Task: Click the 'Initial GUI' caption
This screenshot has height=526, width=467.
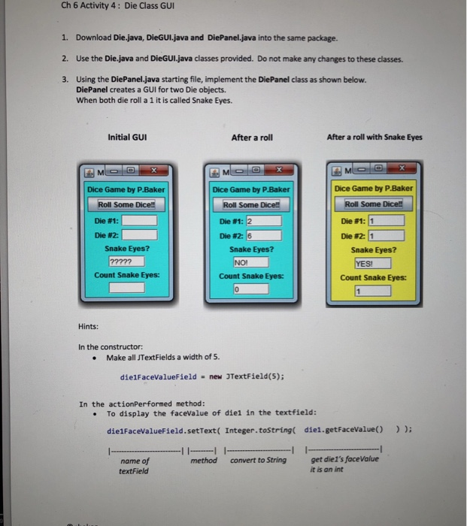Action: point(127,137)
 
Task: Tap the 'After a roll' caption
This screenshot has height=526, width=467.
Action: point(252,137)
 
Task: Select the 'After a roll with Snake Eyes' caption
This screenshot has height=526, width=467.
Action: point(375,137)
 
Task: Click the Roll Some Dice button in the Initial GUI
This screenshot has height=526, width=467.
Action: point(126,204)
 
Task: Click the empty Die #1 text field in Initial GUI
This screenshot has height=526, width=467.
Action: point(140,221)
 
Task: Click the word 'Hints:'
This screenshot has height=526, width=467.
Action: point(89,326)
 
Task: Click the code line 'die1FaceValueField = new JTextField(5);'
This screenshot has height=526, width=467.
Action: point(202,377)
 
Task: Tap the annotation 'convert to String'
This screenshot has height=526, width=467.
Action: point(258,460)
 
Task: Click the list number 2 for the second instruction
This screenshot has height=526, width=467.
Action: point(65,59)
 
